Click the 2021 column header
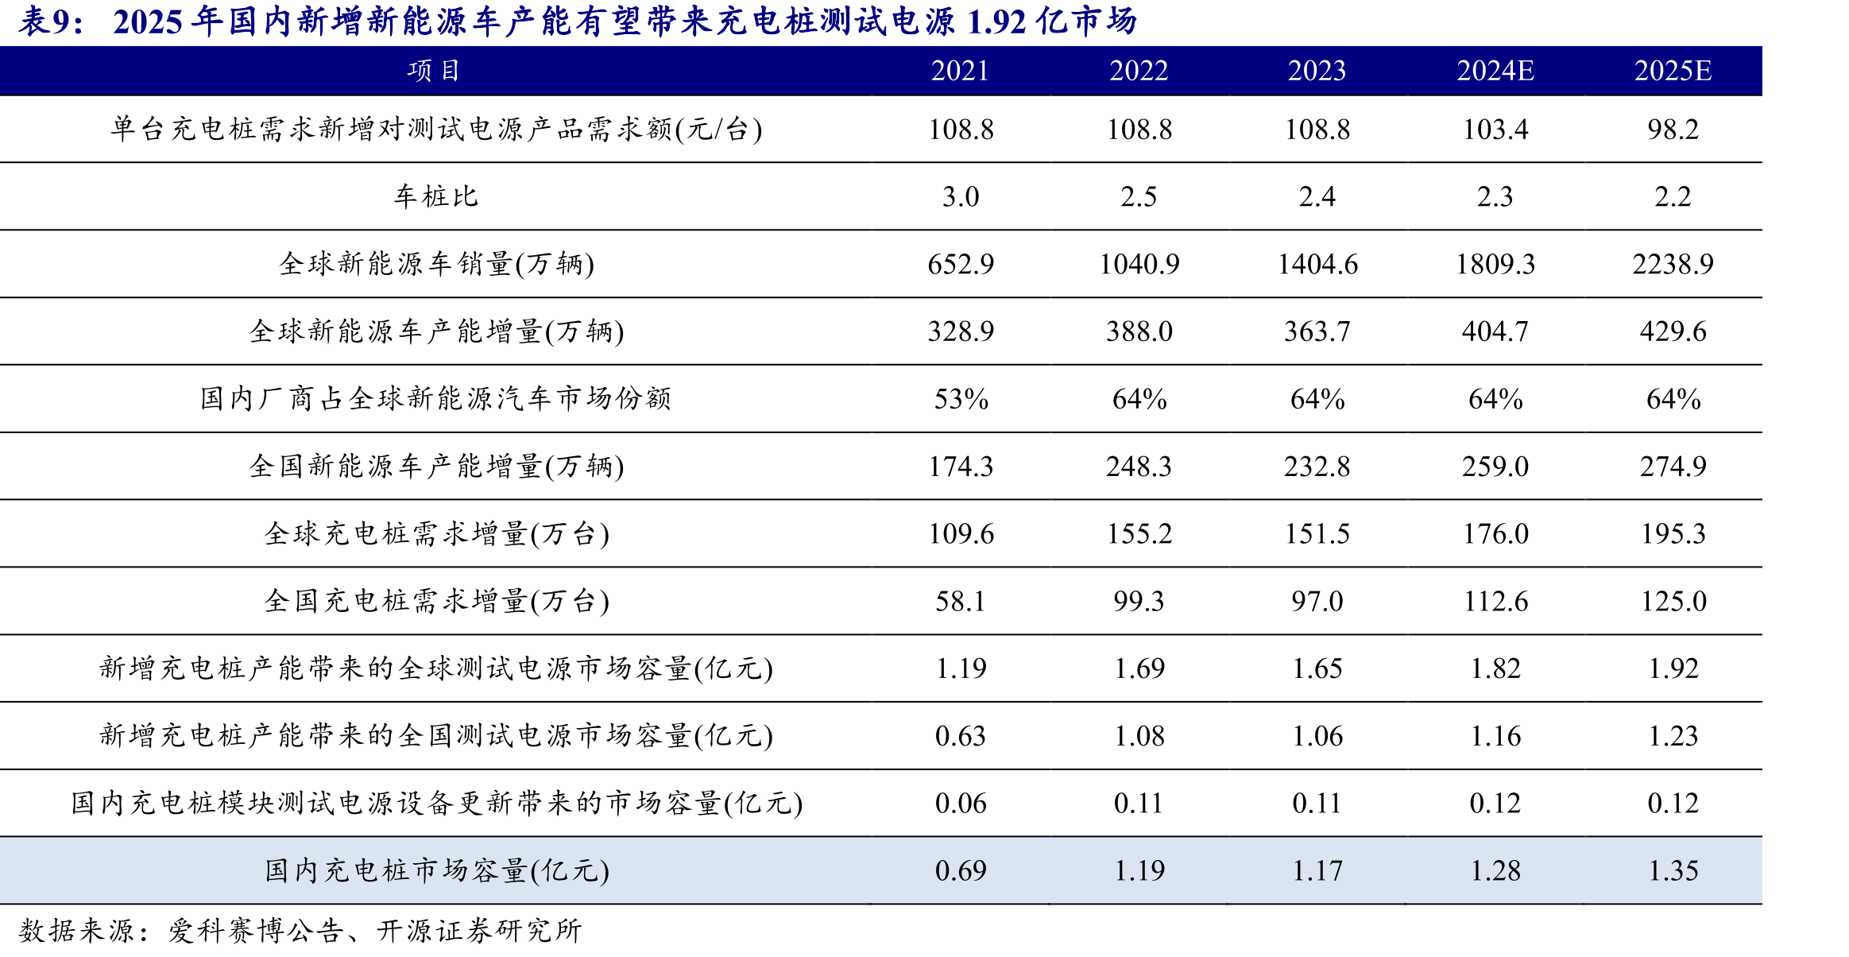tap(960, 71)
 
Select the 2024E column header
tap(1495, 71)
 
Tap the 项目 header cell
tap(434, 71)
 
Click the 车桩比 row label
tap(436, 196)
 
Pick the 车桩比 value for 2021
tap(960, 196)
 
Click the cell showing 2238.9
tap(1673, 264)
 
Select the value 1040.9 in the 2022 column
tap(1139, 264)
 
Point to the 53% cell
tap(960, 398)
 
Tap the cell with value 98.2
tap(1673, 129)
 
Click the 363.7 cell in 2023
tap(1317, 331)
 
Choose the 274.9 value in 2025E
tap(1673, 466)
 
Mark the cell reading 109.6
tap(960, 533)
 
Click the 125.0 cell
tap(1673, 601)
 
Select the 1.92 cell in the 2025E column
tap(1673, 668)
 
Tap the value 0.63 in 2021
tap(960, 736)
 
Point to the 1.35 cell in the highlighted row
tap(1673, 870)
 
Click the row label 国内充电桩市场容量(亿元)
tap(436, 870)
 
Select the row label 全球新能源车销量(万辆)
tap(436, 264)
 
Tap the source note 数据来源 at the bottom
tap(76, 930)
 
